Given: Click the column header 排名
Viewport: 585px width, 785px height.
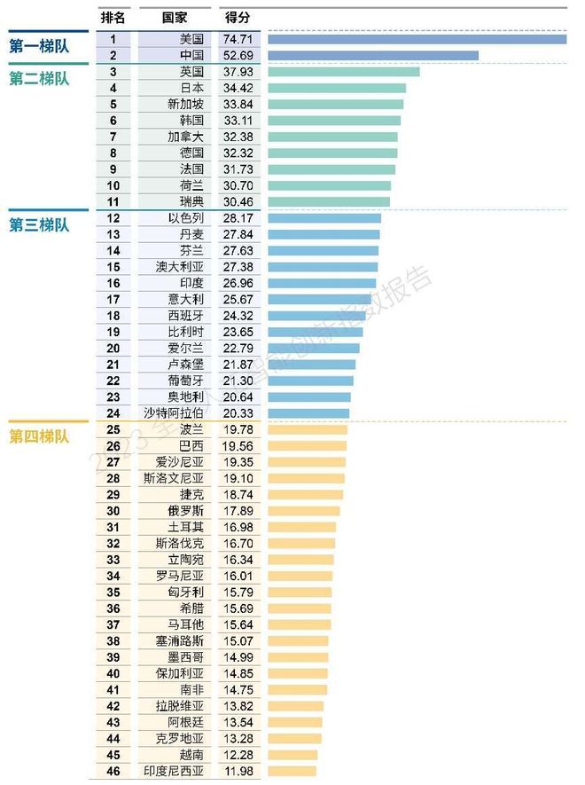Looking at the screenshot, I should [x=113, y=18].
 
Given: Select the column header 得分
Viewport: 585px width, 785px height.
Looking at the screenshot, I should [x=237, y=18].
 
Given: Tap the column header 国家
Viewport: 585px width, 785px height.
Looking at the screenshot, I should [x=174, y=18].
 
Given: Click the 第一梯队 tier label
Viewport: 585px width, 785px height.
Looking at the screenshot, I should [x=39, y=46].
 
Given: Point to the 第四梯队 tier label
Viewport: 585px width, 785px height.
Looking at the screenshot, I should [x=39, y=436].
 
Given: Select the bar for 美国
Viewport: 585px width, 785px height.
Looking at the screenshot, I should [x=417, y=39].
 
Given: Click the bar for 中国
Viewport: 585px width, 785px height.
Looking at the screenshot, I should [x=372, y=55].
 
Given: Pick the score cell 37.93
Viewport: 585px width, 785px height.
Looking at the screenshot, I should [x=238, y=72].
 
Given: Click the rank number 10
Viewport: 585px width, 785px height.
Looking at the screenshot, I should [x=113, y=185].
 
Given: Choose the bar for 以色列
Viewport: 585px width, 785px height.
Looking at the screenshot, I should [x=324, y=218].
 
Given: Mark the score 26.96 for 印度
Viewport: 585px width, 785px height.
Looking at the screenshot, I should [x=238, y=283].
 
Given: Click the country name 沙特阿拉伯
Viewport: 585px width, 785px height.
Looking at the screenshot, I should [x=174, y=413].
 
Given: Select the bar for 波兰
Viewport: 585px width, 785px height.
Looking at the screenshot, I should [x=308, y=429].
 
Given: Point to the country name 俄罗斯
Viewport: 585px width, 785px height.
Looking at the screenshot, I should [x=185, y=511].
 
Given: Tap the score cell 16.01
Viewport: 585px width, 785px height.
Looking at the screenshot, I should [x=238, y=576].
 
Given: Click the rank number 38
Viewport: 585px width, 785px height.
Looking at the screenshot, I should [x=113, y=640].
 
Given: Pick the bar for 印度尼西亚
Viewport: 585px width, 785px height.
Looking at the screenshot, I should [x=292, y=771].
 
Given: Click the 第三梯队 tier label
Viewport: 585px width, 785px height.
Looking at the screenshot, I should [x=39, y=225].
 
